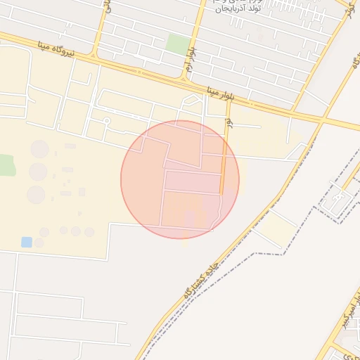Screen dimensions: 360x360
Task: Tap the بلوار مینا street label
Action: [223, 92]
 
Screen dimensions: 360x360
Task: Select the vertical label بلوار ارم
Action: [191, 53]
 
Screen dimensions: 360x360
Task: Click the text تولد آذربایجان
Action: [239, 8]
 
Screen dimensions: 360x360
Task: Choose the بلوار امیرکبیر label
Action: [347, 315]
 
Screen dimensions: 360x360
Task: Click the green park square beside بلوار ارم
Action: [176, 44]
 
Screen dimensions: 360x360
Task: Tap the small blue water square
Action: [27, 242]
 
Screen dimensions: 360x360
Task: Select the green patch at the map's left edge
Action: [6, 165]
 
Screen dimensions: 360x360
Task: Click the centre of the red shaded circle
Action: [180, 179]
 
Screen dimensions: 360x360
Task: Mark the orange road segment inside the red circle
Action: [223, 165]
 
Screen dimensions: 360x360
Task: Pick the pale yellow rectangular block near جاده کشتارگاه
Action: [276, 230]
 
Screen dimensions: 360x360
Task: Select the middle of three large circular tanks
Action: [38, 172]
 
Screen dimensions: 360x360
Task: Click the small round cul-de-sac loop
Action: [107, 121]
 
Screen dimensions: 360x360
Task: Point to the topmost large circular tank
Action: [40, 149]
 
